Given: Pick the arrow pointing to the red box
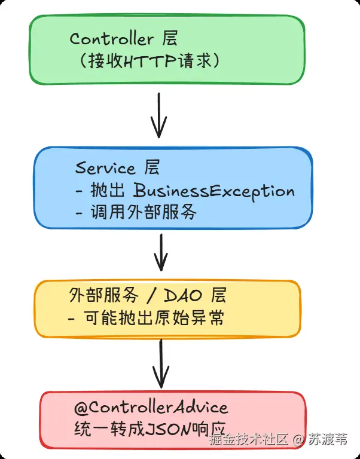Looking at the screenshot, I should (160, 363).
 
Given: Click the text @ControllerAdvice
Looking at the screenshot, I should (151, 408).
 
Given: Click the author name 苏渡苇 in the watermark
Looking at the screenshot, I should (327, 440).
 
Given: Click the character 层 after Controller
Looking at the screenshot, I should (170, 39).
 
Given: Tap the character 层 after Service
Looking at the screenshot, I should (152, 167).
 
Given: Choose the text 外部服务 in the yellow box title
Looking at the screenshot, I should (101, 296).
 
